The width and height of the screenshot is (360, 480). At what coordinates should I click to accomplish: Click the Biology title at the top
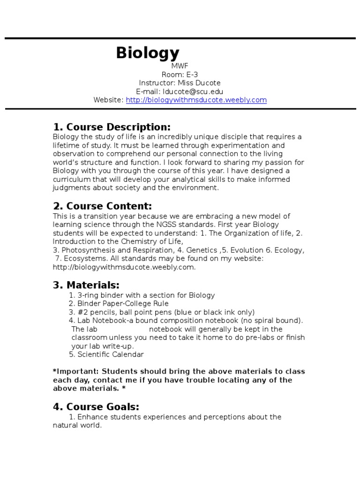point(148,53)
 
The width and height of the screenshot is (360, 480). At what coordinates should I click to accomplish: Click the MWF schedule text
point(180,66)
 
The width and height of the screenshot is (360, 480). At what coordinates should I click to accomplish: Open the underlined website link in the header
point(196,100)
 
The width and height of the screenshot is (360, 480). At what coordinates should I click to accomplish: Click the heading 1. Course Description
point(112,127)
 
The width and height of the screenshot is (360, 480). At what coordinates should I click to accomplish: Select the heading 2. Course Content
point(102,206)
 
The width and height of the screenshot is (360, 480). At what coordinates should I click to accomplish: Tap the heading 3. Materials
point(86,285)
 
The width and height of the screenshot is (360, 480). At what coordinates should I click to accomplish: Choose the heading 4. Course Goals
point(96,406)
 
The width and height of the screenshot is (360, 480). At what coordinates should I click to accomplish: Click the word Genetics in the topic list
point(201,250)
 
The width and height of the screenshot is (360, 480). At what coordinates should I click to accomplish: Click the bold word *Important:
point(76,372)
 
